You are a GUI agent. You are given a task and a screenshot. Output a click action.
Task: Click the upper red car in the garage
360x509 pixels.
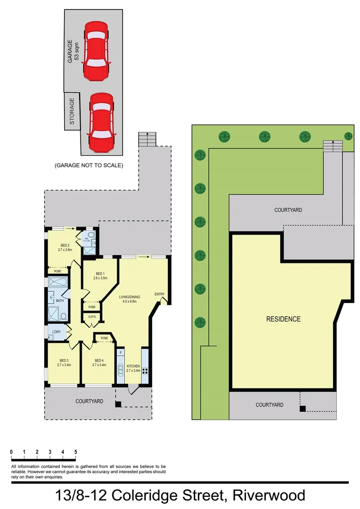pyautogui.click(x=96, y=51)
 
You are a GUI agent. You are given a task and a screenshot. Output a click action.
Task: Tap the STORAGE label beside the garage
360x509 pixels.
pyautogui.click(x=72, y=111)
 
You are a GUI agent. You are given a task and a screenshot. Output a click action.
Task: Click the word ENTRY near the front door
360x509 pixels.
pyautogui.click(x=159, y=295)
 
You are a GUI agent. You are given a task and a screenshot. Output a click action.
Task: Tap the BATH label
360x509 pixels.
pyautogui.click(x=60, y=300)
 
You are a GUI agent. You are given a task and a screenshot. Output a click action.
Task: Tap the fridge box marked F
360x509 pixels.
pyautogui.click(x=121, y=353)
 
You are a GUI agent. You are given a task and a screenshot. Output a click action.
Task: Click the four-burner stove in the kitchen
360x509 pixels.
pyautogui.click(x=145, y=370)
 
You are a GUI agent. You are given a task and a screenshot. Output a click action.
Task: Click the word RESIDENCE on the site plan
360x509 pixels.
pyautogui.click(x=283, y=319)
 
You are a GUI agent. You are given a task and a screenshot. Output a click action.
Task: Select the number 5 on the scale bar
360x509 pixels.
pyautogui.click(x=75, y=452)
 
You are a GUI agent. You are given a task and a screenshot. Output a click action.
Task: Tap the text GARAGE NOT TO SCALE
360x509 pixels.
pyautogui.click(x=89, y=165)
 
